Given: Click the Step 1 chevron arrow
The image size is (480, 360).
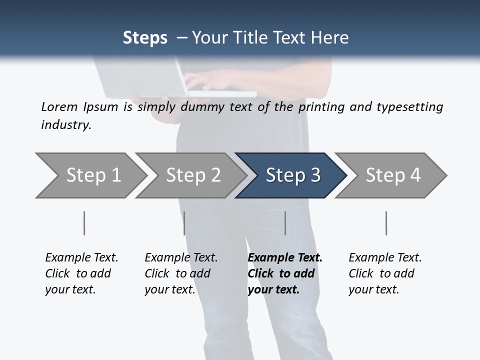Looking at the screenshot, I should (93, 175).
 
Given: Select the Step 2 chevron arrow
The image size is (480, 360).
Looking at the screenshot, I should (193, 175).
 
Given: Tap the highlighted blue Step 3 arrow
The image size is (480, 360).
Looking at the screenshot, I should (293, 175).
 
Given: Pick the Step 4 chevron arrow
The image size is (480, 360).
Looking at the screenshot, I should (393, 175).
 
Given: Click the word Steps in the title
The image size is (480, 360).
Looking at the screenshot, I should (145, 38).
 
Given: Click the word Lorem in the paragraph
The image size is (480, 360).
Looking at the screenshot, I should (59, 106).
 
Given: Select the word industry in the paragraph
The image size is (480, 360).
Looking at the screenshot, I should (66, 124).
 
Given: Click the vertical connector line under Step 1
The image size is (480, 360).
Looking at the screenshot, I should (84, 223).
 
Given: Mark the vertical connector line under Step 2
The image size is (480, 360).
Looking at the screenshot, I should (184, 223).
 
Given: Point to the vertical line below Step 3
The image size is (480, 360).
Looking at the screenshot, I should (285, 223).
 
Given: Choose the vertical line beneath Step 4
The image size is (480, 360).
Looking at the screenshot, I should (386, 223).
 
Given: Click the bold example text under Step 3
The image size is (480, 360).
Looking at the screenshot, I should (284, 273).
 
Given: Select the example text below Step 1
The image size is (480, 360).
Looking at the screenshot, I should (81, 273).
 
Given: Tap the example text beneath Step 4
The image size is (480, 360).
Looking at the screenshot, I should (384, 273).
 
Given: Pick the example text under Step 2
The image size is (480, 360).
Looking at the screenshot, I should (180, 273).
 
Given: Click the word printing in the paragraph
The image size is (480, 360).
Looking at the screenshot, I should (322, 107).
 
